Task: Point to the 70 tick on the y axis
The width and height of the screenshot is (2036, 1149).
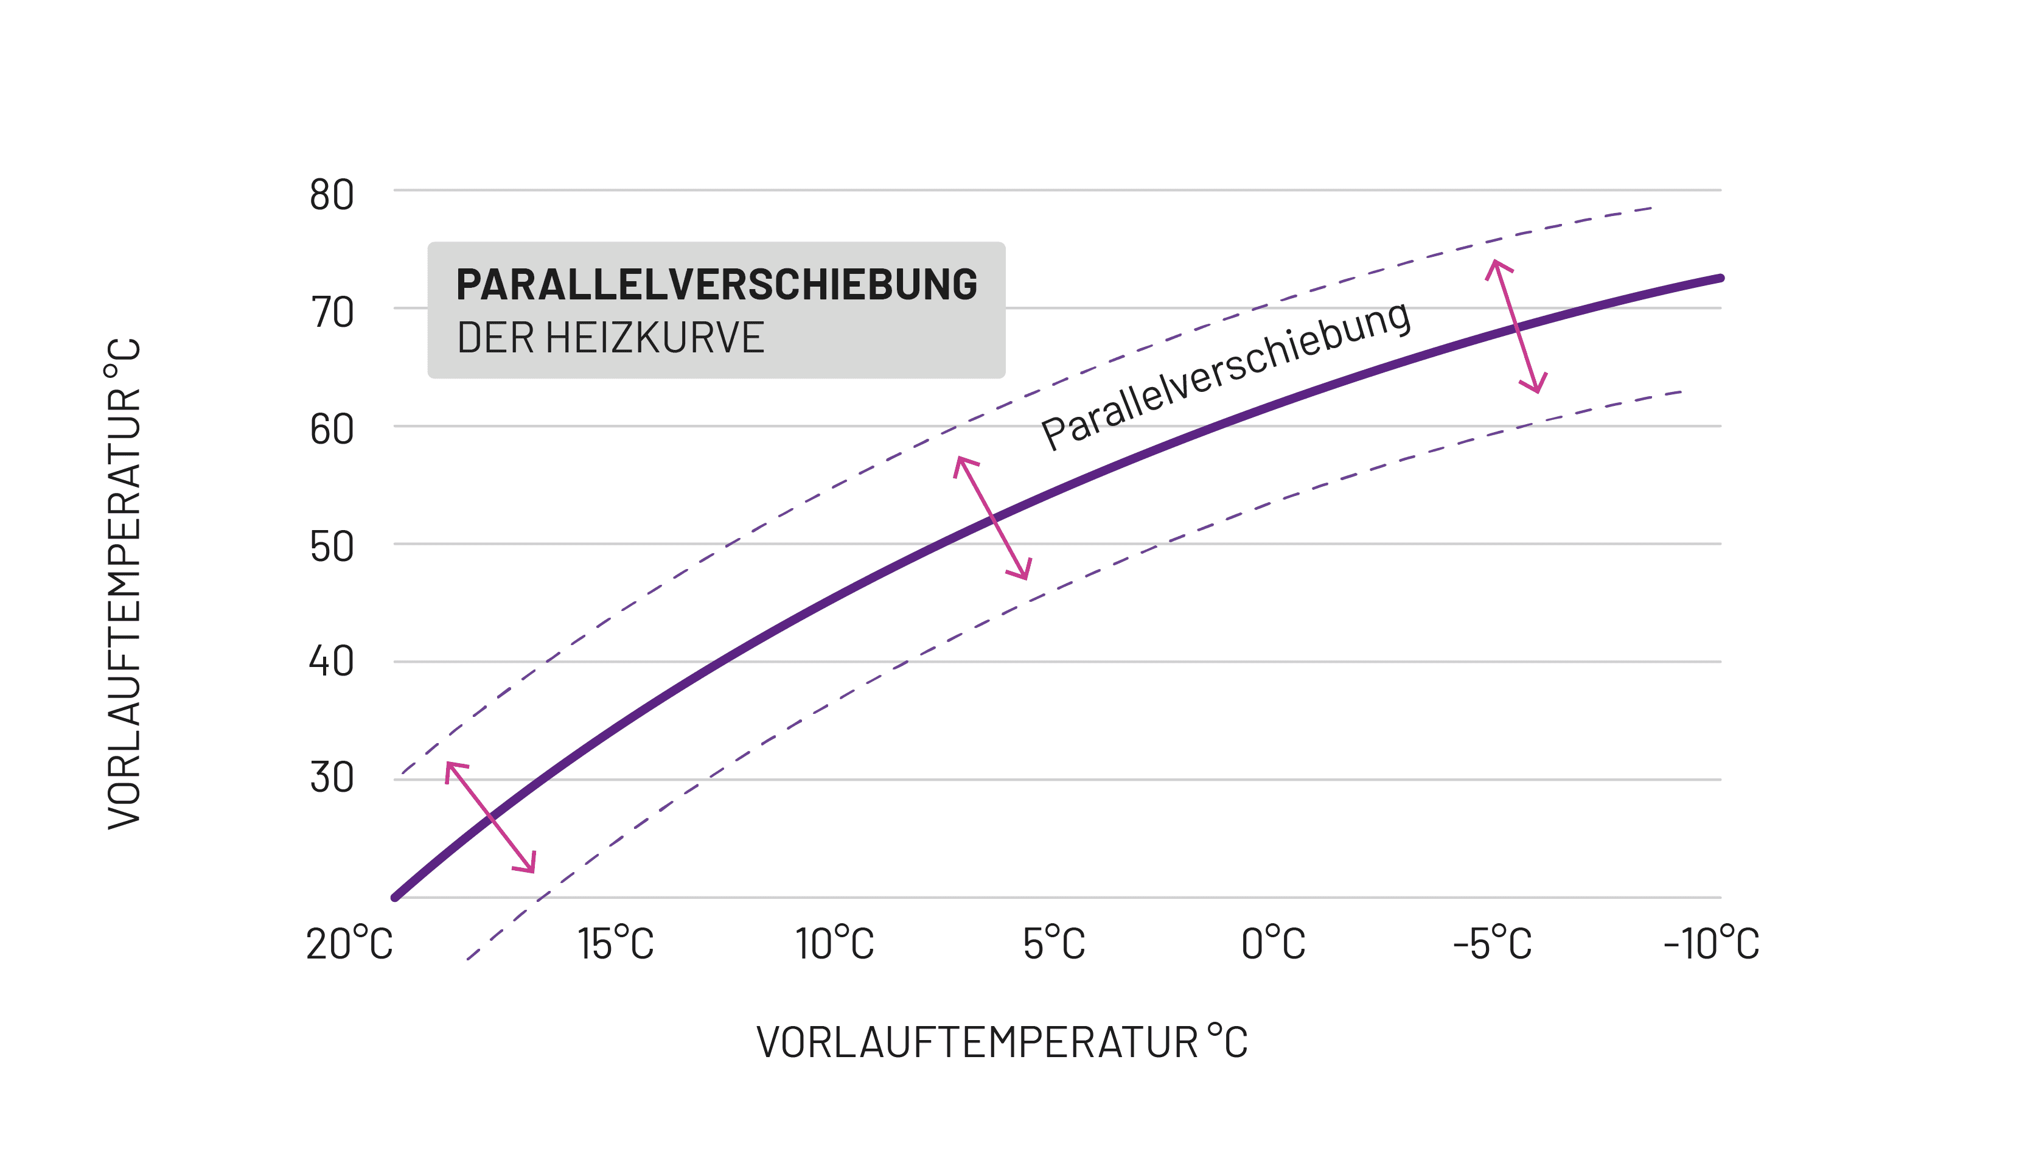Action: coord(331,312)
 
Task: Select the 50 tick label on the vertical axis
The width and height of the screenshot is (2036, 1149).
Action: coord(331,547)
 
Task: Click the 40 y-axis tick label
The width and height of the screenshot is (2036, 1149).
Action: coord(331,661)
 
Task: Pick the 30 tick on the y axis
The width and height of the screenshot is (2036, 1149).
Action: coord(331,778)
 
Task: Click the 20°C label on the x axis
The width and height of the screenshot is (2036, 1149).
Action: coord(349,943)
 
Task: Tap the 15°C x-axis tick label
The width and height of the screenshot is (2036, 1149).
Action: coord(615,943)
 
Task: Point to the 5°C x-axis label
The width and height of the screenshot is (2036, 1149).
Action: coord(1053,943)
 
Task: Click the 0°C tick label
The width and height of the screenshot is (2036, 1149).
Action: coord(1272,943)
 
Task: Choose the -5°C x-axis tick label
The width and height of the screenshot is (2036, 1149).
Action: coord(1492,943)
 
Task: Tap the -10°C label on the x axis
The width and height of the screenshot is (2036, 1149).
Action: coord(1711,943)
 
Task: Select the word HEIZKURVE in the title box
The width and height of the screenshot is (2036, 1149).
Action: coord(655,338)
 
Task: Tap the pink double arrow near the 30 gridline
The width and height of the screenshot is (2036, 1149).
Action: coord(491,817)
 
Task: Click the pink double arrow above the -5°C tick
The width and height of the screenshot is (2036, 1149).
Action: coord(1516,326)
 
